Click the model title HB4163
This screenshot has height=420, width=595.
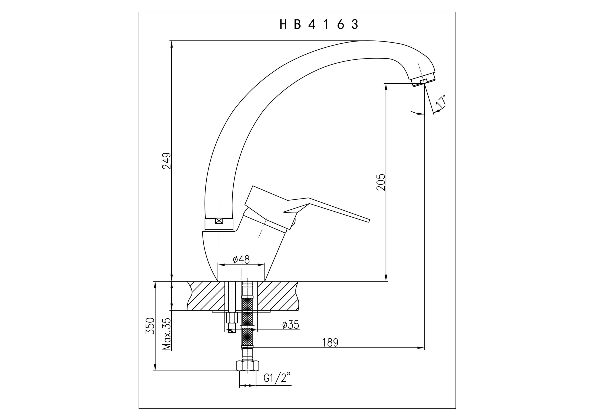pyautogui.click(x=319, y=24)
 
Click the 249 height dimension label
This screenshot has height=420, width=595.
pyautogui.click(x=167, y=161)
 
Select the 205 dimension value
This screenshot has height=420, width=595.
pyautogui.click(x=381, y=182)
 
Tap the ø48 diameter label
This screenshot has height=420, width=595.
pyautogui.click(x=241, y=260)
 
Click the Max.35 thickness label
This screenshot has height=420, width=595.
pyautogui.click(x=167, y=334)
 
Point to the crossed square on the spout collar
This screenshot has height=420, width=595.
pyautogui.click(x=219, y=221)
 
